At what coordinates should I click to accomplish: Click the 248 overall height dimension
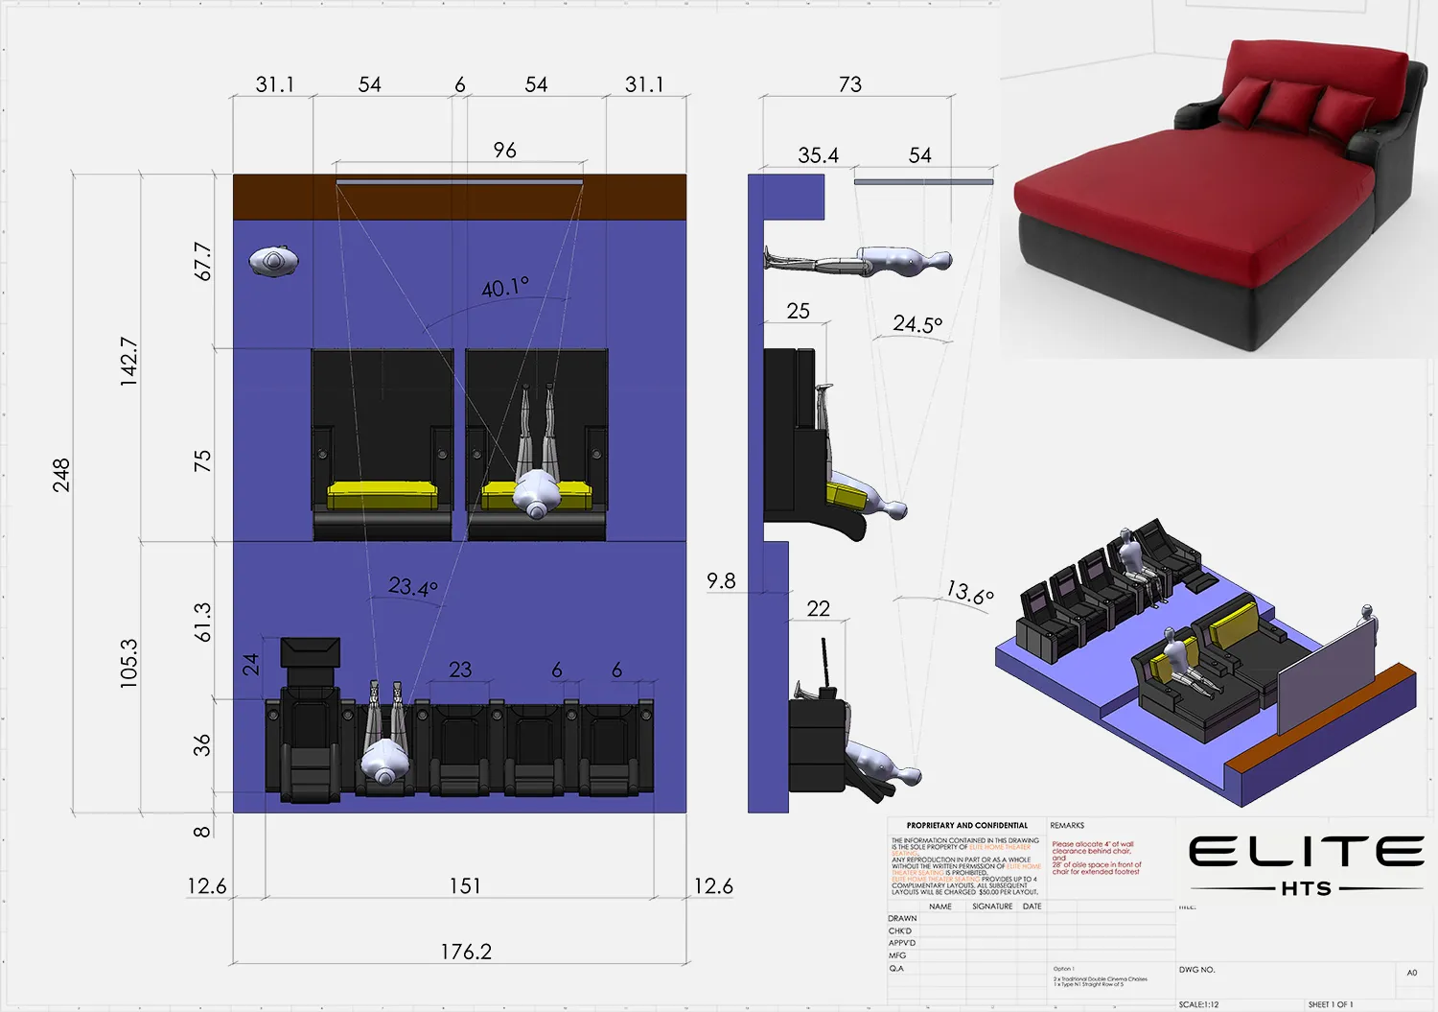click(61, 476)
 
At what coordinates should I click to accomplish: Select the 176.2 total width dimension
click(466, 952)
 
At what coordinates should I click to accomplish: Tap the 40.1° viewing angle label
click(505, 288)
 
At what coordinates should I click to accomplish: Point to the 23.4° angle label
click(413, 586)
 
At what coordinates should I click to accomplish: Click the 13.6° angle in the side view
click(969, 593)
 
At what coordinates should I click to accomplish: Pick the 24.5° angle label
click(917, 324)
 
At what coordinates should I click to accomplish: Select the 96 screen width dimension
click(504, 151)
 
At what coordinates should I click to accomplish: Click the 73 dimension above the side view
click(849, 84)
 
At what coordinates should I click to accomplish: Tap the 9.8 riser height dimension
click(721, 581)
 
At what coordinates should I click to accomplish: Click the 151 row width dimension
click(465, 885)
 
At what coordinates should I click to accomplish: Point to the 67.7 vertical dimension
click(202, 262)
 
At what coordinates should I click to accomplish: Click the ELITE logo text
click(1306, 852)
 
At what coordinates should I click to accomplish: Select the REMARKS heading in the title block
click(1067, 825)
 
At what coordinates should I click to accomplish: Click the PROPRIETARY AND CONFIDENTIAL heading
click(966, 825)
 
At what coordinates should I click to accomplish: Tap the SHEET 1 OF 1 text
click(1331, 1004)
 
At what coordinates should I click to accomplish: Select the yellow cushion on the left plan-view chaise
click(383, 496)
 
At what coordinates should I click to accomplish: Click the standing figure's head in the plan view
click(274, 261)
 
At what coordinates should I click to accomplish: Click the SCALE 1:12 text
click(1198, 1004)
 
